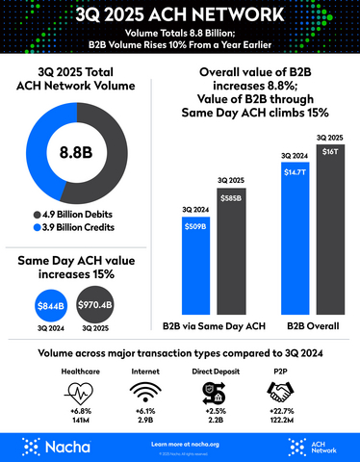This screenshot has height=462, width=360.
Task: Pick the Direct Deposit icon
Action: (213, 393)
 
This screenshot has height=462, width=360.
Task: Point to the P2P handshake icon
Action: (279, 393)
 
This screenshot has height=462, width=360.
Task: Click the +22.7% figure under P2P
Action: (279, 412)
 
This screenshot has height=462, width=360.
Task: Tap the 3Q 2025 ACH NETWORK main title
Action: (180, 15)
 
